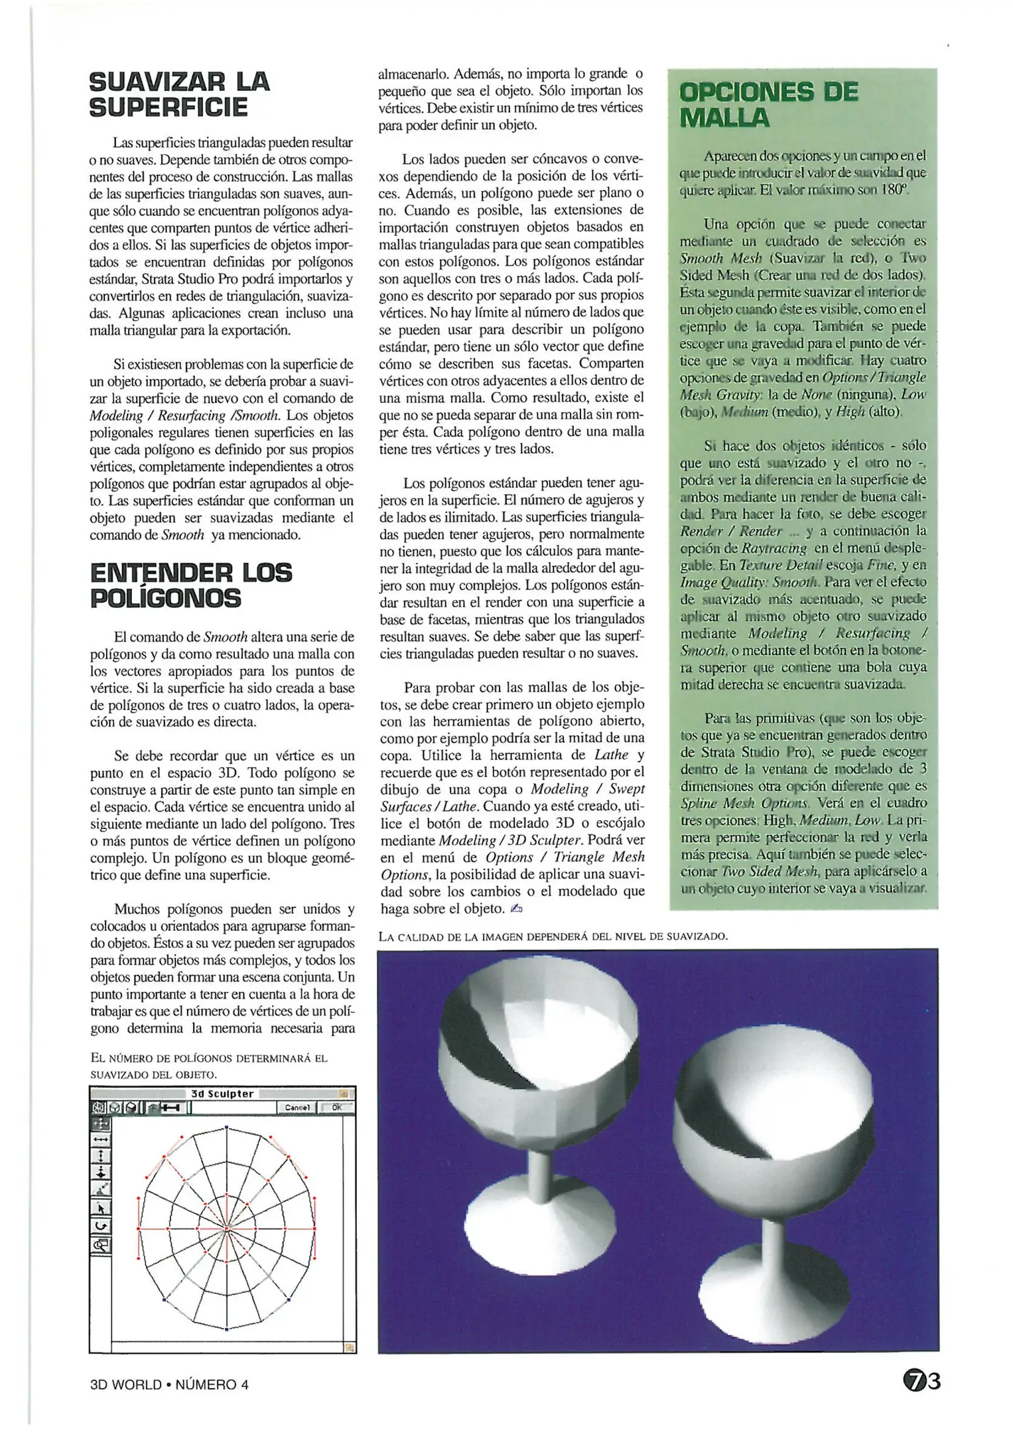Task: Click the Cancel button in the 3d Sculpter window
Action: (x=297, y=1107)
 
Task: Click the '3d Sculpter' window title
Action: (x=222, y=1094)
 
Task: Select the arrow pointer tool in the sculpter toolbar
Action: (x=101, y=1209)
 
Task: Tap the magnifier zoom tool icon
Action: (x=101, y=1244)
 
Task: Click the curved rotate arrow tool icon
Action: (x=101, y=1226)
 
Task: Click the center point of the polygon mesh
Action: (x=226, y=1228)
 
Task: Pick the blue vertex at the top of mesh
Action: (x=226, y=1127)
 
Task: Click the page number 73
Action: (x=922, y=1381)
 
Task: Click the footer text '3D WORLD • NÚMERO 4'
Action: (x=169, y=1384)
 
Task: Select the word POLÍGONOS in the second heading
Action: (x=165, y=599)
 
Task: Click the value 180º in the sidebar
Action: (x=894, y=190)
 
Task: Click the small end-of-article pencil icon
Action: (x=517, y=909)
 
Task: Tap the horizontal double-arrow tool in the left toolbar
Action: (x=101, y=1139)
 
